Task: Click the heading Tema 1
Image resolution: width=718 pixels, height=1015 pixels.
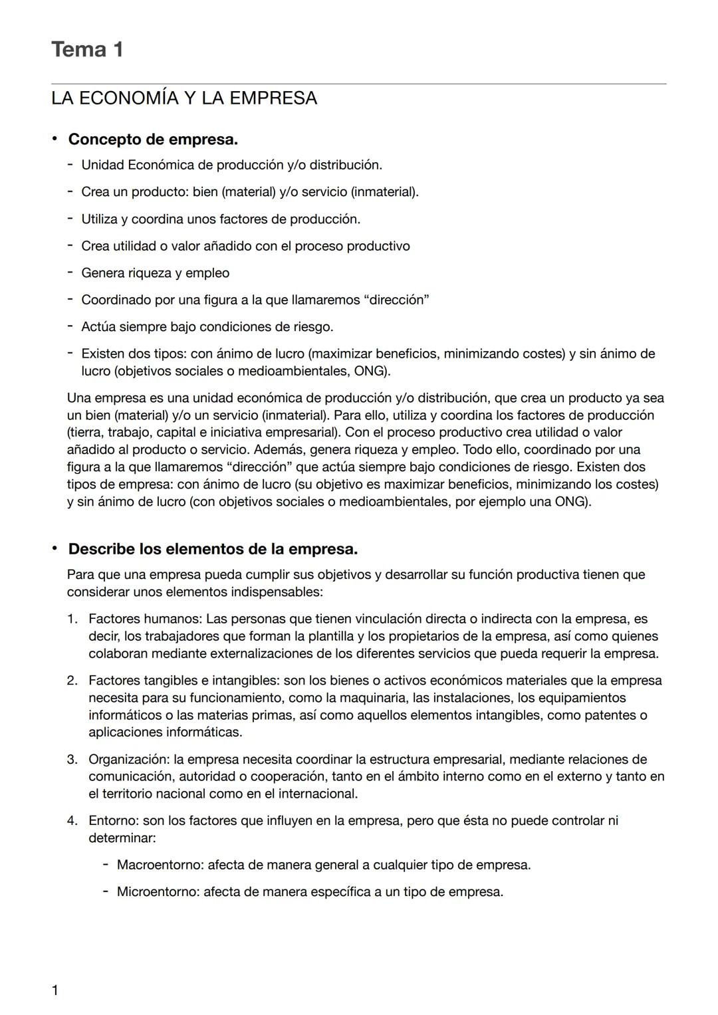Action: (87, 50)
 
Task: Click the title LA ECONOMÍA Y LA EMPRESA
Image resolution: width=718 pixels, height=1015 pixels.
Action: (184, 98)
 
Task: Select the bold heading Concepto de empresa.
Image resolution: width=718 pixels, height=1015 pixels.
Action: (153, 140)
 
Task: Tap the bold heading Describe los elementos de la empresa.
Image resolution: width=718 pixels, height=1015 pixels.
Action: (213, 549)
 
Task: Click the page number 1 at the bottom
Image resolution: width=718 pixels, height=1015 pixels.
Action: (55, 990)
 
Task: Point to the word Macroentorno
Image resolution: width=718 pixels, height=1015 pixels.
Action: (160, 865)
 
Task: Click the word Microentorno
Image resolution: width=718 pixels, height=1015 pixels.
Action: (158, 892)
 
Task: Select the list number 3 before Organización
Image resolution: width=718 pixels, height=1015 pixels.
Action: (72, 759)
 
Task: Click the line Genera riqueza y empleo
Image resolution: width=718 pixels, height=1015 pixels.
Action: (155, 273)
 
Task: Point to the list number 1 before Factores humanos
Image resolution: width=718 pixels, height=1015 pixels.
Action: (72, 619)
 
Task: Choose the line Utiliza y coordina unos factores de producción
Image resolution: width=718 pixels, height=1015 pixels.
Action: (220, 219)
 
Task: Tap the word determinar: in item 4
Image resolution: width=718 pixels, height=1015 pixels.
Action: (122, 838)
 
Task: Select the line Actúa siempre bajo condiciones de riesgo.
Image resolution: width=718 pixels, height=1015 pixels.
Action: (207, 327)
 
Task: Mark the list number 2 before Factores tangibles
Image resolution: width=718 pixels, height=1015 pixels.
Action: (72, 681)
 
